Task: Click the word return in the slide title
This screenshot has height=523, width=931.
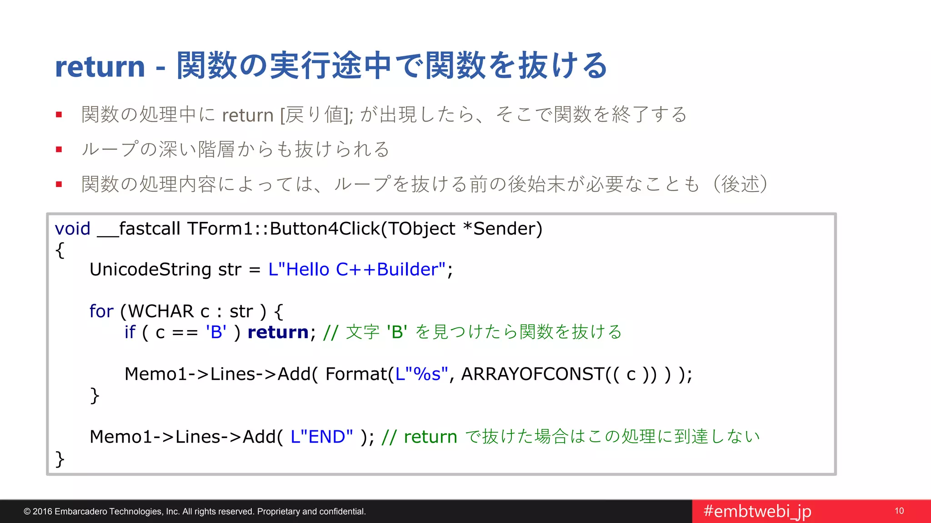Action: [100, 67]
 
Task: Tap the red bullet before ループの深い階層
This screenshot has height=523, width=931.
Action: [59, 149]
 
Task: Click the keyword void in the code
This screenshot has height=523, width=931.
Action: [73, 229]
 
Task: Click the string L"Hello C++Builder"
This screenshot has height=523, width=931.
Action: [357, 270]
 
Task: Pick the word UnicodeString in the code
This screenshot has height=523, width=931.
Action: [150, 270]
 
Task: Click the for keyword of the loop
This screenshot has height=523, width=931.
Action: [101, 311]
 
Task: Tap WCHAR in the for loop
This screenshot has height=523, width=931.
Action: [161, 311]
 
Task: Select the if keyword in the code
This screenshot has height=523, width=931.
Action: [130, 332]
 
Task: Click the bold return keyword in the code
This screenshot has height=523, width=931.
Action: [278, 332]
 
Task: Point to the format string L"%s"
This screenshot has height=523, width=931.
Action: [421, 374]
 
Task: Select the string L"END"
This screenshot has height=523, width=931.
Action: [321, 437]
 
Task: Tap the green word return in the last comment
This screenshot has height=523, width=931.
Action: [430, 437]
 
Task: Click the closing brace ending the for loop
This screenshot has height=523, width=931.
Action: [95, 395]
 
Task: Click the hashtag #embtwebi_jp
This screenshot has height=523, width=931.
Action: [757, 512]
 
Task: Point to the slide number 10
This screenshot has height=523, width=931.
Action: [899, 511]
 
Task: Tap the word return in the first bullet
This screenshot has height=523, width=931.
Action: [248, 115]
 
